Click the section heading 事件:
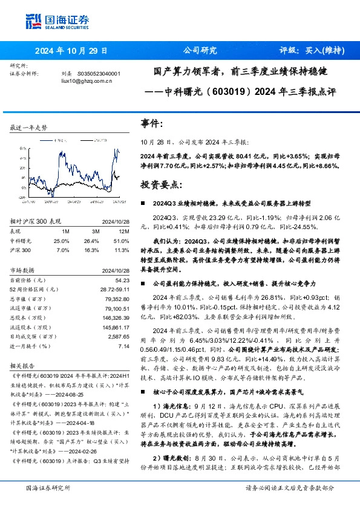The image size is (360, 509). (152, 123)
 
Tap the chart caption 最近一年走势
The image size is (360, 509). (28, 128)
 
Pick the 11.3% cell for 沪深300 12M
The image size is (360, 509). (122, 249)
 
